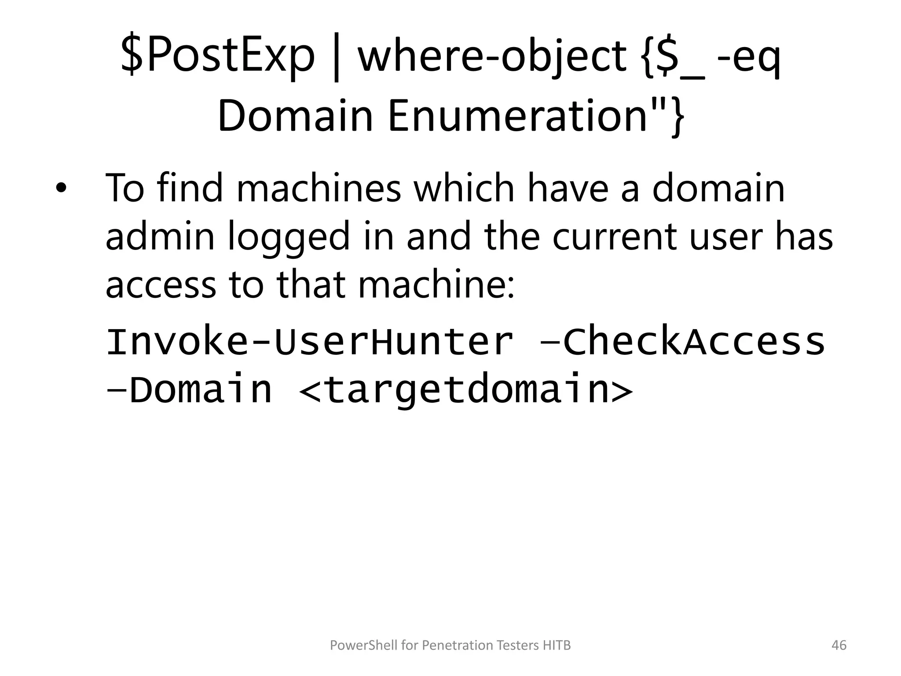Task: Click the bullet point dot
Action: pyautogui.click(x=61, y=189)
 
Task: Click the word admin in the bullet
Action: pyautogui.click(x=160, y=236)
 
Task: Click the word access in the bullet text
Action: pyautogui.click(x=161, y=284)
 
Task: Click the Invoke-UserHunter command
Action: pyautogui.click(x=309, y=342)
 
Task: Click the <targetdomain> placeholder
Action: pyautogui.click(x=465, y=390)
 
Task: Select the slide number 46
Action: pyautogui.click(x=839, y=645)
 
